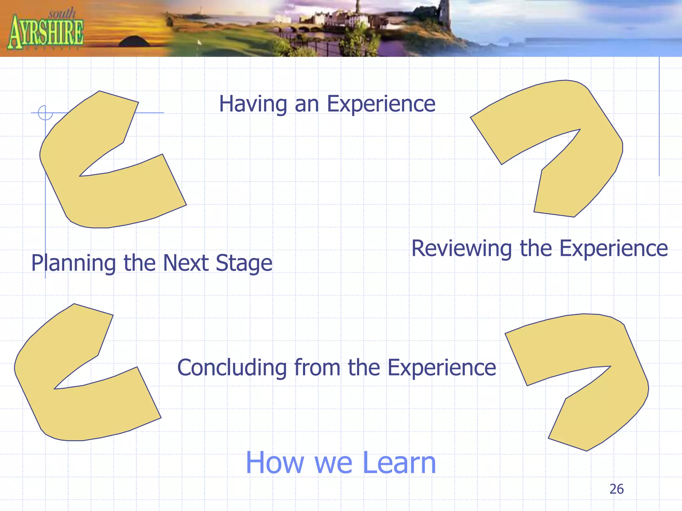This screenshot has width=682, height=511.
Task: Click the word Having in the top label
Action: coord(252,104)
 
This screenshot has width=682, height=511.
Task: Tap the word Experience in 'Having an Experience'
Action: coord(381,104)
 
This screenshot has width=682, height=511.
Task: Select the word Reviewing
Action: coord(462,249)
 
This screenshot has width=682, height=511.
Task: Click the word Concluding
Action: coord(232,368)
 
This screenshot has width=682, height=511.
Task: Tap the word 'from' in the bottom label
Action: coord(317,368)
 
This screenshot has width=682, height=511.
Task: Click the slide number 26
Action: coord(616,489)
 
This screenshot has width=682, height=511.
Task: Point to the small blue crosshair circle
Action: coord(45,113)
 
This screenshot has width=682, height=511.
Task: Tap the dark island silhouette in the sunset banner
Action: coord(135,42)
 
